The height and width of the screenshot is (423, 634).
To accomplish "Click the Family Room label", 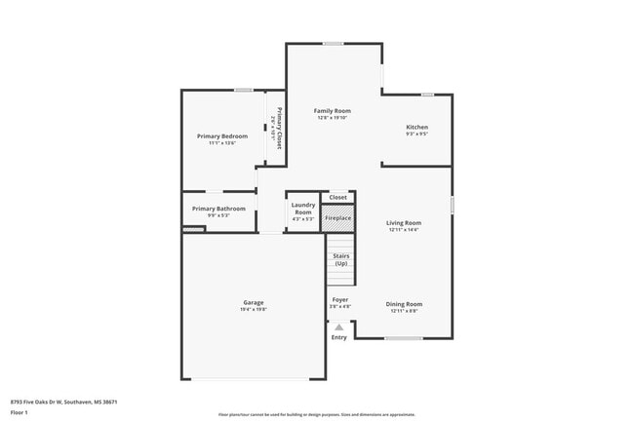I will pyautogui.click(x=332, y=111).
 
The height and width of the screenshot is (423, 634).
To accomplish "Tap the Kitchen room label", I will pyautogui.click(x=416, y=127).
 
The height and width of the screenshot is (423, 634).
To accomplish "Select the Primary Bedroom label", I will pyautogui.click(x=222, y=135).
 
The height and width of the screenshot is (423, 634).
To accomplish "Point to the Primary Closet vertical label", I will pyautogui.click(x=278, y=127).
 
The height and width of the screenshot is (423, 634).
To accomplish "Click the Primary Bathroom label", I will pyautogui.click(x=218, y=209).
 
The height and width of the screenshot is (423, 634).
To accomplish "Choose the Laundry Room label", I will pyautogui.click(x=302, y=209).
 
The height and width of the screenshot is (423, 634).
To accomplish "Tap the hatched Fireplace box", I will pyautogui.click(x=337, y=218).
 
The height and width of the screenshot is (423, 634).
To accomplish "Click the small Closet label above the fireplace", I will pyautogui.click(x=337, y=197).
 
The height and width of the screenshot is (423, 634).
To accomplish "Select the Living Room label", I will pyautogui.click(x=404, y=223).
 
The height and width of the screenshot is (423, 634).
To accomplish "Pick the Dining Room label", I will pyautogui.click(x=404, y=304).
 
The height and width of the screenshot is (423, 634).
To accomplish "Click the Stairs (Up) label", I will pyautogui.click(x=340, y=260).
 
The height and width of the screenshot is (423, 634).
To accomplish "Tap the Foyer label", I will pyautogui.click(x=339, y=299).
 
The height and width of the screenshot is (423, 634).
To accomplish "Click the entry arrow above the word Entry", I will pyautogui.click(x=338, y=327).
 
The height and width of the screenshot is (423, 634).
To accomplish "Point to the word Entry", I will pyautogui.click(x=338, y=337).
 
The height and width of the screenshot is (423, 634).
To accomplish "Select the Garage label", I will pyautogui.click(x=254, y=302).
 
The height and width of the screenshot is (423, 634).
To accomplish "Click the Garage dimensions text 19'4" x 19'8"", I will pyautogui.click(x=254, y=310).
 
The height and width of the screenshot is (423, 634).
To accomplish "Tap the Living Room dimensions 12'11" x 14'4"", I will pyautogui.click(x=404, y=230).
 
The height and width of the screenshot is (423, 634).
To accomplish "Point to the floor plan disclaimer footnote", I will pyautogui.click(x=316, y=413).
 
